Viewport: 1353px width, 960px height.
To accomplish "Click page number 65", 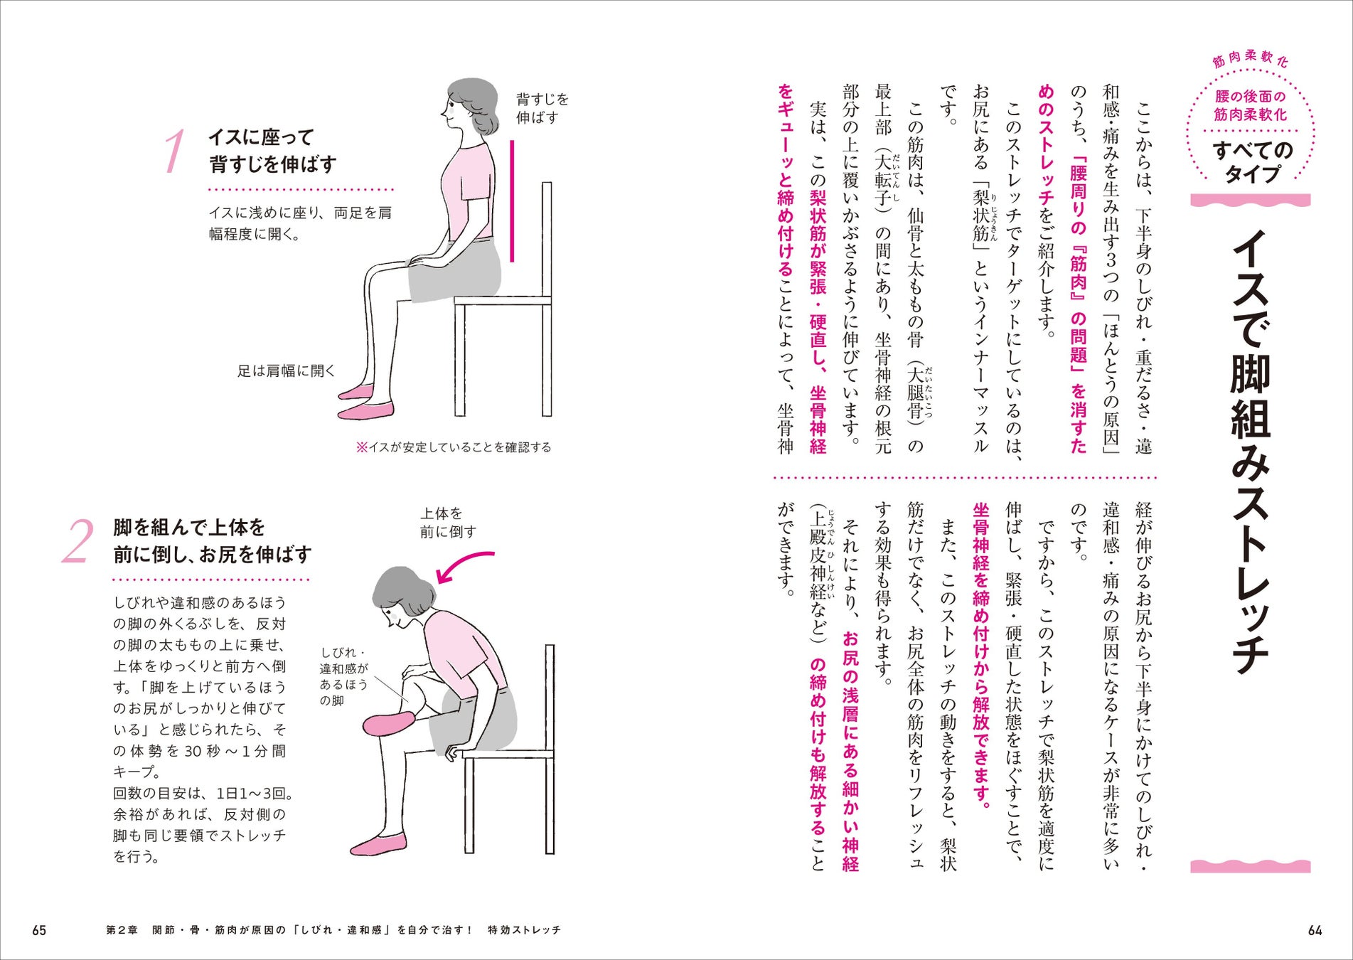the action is [x=39, y=930].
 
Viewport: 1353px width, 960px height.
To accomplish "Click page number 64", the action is [x=1315, y=930].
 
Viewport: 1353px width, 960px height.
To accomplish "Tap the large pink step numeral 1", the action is [x=174, y=151].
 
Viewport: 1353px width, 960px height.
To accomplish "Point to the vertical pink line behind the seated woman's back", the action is [x=511, y=201].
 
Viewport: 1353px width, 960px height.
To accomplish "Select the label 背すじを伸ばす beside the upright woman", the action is [x=542, y=108].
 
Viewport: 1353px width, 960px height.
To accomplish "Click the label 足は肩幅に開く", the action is [x=286, y=370].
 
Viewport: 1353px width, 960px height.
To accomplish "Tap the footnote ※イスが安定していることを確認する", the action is [x=454, y=447].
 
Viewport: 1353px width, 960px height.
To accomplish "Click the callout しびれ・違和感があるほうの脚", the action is [x=344, y=677].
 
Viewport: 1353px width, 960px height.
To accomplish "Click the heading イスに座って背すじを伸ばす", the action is [x=272, y=151].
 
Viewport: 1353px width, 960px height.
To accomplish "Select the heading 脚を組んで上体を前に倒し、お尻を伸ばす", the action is [x=212, y=540].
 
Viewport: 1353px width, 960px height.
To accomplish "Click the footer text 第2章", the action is [x=122, y=930].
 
